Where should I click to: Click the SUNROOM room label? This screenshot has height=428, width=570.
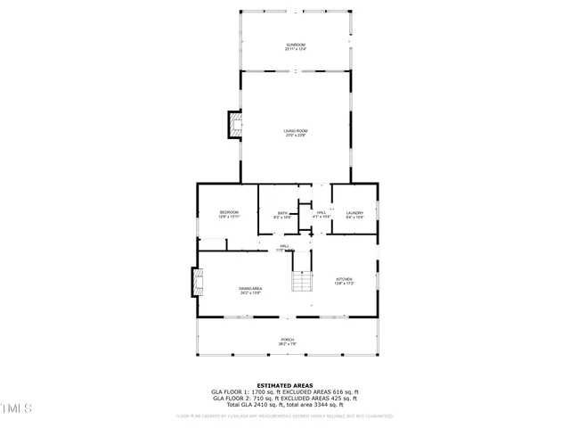pos(296,45)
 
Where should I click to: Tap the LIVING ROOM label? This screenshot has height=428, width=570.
pos(296,132)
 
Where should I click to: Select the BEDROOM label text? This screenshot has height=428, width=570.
pos(230,212)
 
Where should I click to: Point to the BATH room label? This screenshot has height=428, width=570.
pos(282,213)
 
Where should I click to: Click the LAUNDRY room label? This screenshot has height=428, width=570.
pos(354,212)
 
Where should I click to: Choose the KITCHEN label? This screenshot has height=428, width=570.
pos(345,279)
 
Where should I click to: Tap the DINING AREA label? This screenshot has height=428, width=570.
pos(250,288)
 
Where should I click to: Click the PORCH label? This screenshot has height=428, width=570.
pos(288,339)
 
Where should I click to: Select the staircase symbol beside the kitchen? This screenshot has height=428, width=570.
pos(303,282)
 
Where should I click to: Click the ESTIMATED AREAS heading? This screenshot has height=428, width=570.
pos(284,385)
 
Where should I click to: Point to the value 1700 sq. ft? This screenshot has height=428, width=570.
pos(265,391)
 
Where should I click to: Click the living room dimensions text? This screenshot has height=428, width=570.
pos(296,136)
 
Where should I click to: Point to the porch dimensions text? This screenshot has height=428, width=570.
pos(288,343)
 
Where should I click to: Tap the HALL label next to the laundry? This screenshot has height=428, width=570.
pos(322,212)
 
